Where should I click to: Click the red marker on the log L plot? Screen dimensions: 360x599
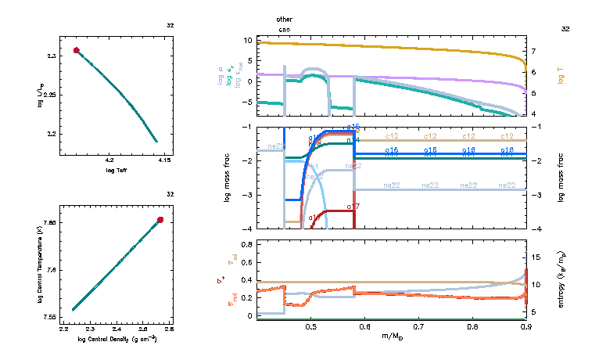coord(77,50)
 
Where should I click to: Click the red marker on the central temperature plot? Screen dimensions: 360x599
coord(160,220)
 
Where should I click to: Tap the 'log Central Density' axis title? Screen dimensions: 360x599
coord(117,339)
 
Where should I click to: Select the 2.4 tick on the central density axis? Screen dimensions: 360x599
coord(118,330)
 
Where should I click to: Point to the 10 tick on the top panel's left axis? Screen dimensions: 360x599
coord(246,40)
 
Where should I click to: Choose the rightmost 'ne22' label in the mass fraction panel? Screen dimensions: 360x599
coord(507,185)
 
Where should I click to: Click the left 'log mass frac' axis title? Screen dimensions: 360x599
coord(228,178)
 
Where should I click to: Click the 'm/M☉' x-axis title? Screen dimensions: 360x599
coord(390,337)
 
